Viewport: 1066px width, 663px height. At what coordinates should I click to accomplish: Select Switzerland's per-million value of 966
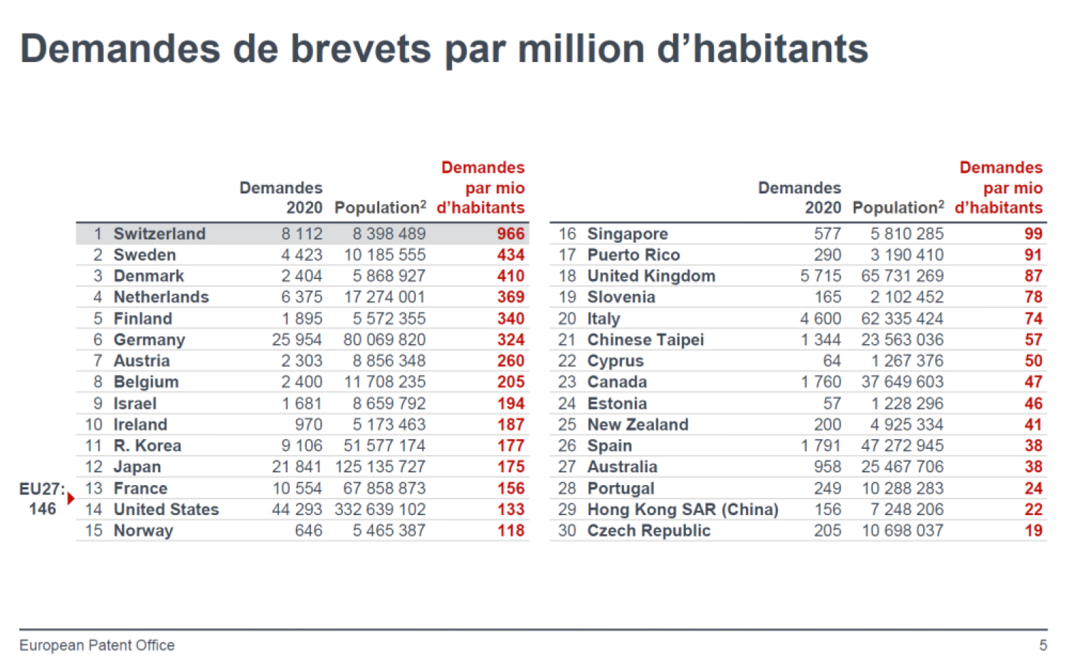[x=510, y=234]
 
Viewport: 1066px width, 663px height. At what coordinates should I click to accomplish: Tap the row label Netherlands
[x=161, y=297]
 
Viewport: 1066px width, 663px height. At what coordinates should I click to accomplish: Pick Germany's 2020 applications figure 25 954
[x=297, y=340]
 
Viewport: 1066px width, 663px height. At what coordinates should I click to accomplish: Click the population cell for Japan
[x=380, y=467]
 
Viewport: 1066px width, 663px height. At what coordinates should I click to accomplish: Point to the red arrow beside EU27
[x=70, y=498]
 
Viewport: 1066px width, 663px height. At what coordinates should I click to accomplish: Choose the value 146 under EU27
[x=42, y=509]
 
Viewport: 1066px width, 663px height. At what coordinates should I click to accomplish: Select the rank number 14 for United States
[x=94, y=510]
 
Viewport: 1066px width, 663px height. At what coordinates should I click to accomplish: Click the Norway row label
[x=143, y=531]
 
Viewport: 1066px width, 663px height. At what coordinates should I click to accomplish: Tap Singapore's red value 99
[x=1033, y=234]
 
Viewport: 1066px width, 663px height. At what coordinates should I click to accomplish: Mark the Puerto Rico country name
[x=633, y=255]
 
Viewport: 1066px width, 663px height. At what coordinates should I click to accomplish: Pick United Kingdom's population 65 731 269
[x=902, y=276]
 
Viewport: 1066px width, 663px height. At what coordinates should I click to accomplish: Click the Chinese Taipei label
[x=645, y=340]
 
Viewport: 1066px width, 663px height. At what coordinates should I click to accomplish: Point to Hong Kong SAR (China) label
[x=682, y=510]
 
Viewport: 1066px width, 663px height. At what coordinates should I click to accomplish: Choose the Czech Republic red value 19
[x=1033, y=531]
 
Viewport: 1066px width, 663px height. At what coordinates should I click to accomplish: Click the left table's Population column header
[x=380, y=208]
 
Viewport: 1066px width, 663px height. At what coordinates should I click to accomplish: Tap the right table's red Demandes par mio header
[x=999, y=188]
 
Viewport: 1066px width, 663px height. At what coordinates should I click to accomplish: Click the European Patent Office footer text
[x=97, y=645]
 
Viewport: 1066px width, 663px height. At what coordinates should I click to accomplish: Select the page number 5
[x=1043, y=645]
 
